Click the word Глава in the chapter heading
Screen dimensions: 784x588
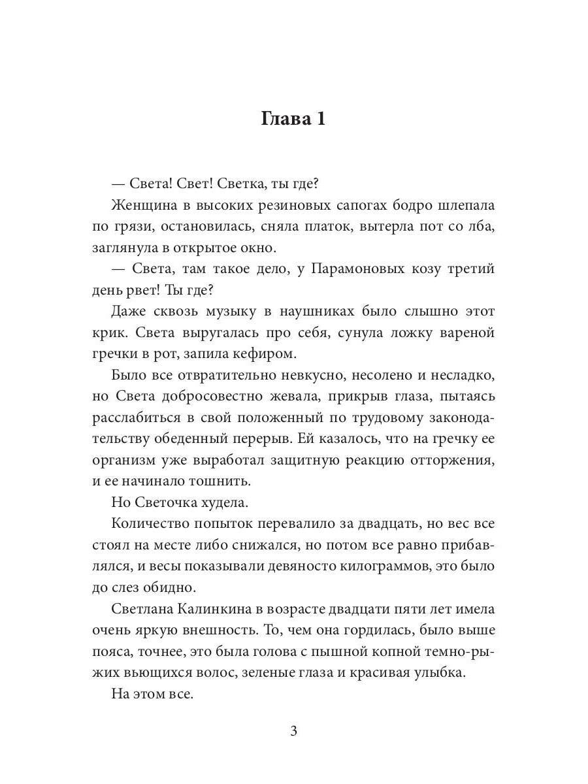(284, 119)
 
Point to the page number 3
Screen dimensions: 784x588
(293, 731)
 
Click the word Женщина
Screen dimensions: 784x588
(139, 204)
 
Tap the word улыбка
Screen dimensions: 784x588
(439, 673)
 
